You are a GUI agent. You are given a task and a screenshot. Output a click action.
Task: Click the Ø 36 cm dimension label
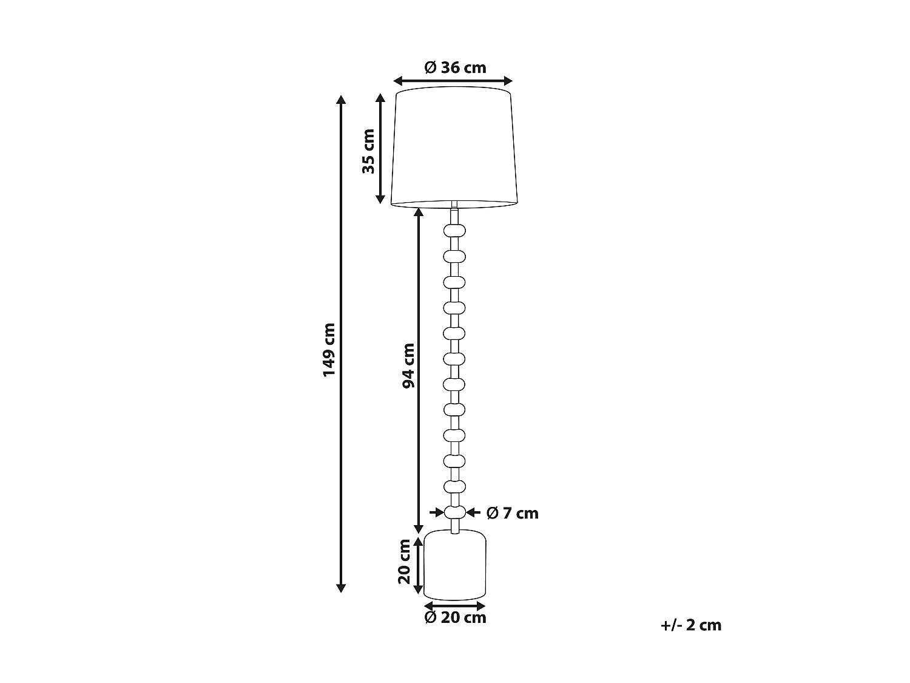pos(455,67)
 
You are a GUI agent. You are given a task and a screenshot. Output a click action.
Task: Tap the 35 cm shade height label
pos(369,151)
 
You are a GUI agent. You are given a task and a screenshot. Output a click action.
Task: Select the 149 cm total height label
pos(329,349)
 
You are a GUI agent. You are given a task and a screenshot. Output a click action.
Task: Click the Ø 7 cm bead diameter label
pos(513,514)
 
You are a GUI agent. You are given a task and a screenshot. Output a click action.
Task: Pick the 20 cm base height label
pos(405,562)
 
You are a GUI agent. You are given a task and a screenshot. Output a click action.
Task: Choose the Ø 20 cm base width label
pos(455,618)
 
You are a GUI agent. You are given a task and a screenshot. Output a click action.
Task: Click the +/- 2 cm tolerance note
pos(691,625)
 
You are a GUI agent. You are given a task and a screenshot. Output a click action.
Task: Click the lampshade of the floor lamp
pos(454,149)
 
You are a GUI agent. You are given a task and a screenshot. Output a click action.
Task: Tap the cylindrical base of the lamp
pos(455,564)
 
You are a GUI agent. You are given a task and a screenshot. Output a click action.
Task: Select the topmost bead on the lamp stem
pos(455,230)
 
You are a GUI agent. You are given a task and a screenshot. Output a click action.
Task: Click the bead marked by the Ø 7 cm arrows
pos(455,512)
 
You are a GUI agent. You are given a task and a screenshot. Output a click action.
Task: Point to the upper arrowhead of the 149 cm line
pos(341,100)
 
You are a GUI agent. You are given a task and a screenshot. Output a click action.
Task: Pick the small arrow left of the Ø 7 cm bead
pos(437,512)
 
